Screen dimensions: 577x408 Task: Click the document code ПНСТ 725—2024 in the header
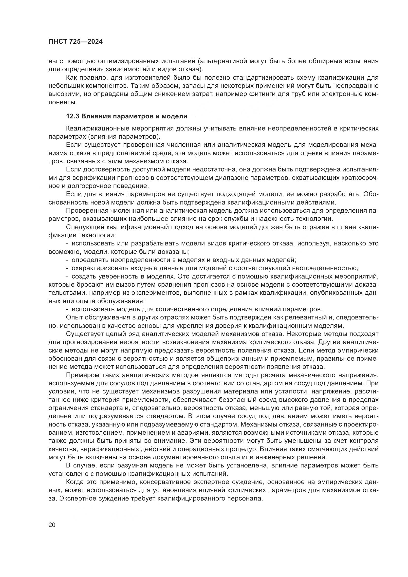click(75, 42)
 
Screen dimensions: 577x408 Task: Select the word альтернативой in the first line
click(222, 61)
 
